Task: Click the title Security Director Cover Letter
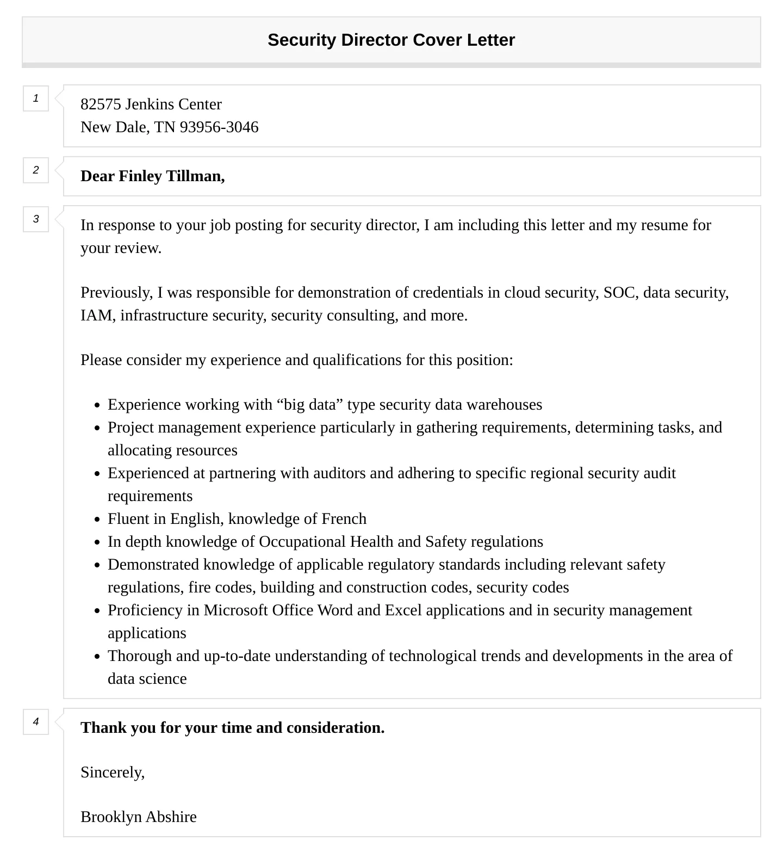pyautogui.click(x=391, y=40)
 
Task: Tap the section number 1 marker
pyautogui.click(x=36, y=98)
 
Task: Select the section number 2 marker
pyautogui.click(x=36, y=170)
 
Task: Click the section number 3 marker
pyautogui.click(x=36, y=219)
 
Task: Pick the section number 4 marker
pyautogui.click(x=36, y=722)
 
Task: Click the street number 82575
pyautogui.click(x=101, y=104)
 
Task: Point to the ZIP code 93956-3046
pyautogui.click(x=219, y=127)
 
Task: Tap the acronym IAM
pyautogui.click(x=96, y=316)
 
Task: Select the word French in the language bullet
pyautogui.click(x=344, y=519)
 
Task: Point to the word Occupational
pyautogui.click(x=302, y=542)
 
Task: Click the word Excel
pyautogui.click(x=403, y=610)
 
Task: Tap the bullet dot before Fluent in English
pyautogui.click(x=97, y=520)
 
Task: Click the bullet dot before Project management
pyautogui.click(x=97, y=428)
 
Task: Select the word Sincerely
pyautogui.click(x=112, y=773)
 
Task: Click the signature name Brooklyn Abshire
pyautogui.click(x=138, y=817)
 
